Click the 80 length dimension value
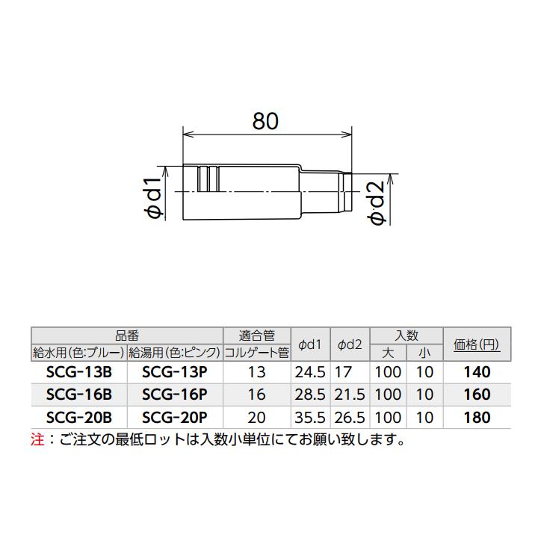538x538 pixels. pyautogui.click(x=265, y=122)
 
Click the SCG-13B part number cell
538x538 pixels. pyautogui.click(x=78, y=372)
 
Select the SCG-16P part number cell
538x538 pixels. pyautogui.click(x=174, y=395)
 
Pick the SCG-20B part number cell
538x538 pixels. pyautogui.click(x=78, y=417)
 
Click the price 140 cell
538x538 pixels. pyautogui.click(x=477, y=372)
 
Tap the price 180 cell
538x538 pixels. pyautogui.click(x=477, y=417)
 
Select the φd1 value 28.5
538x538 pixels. pyautogui.click(x=309, y=395)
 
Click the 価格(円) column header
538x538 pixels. pyautogui.click(x=477, y=344)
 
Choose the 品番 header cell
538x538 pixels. pyautogui.click(x=127, y=336)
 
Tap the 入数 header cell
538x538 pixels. pyautogui.click(x=406, y=336)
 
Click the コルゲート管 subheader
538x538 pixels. pyautogui.click(x=256, y=352)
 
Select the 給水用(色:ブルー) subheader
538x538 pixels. pyautogui.click(x=78, y=352)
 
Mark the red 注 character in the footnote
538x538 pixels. pyautogui.click(x=37, y=440)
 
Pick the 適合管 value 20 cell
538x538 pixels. pyautogui.click(x=256, y=417)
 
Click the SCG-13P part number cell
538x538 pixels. pyautogui.click(x=174, y=372)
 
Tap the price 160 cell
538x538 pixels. pyautogui.click(x=477, y=395)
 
